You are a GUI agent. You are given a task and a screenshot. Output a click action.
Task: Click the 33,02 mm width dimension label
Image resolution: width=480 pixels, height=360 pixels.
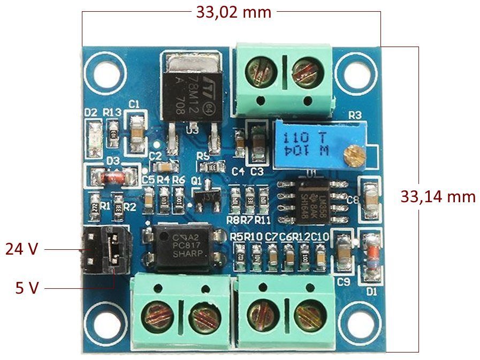[234, 12]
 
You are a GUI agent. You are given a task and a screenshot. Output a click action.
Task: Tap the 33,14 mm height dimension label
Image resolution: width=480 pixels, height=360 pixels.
[438, 196]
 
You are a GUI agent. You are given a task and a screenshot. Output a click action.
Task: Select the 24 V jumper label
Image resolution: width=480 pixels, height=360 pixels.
[21, 249]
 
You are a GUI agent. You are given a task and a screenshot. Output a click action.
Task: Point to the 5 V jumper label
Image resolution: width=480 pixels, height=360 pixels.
[27, 288]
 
